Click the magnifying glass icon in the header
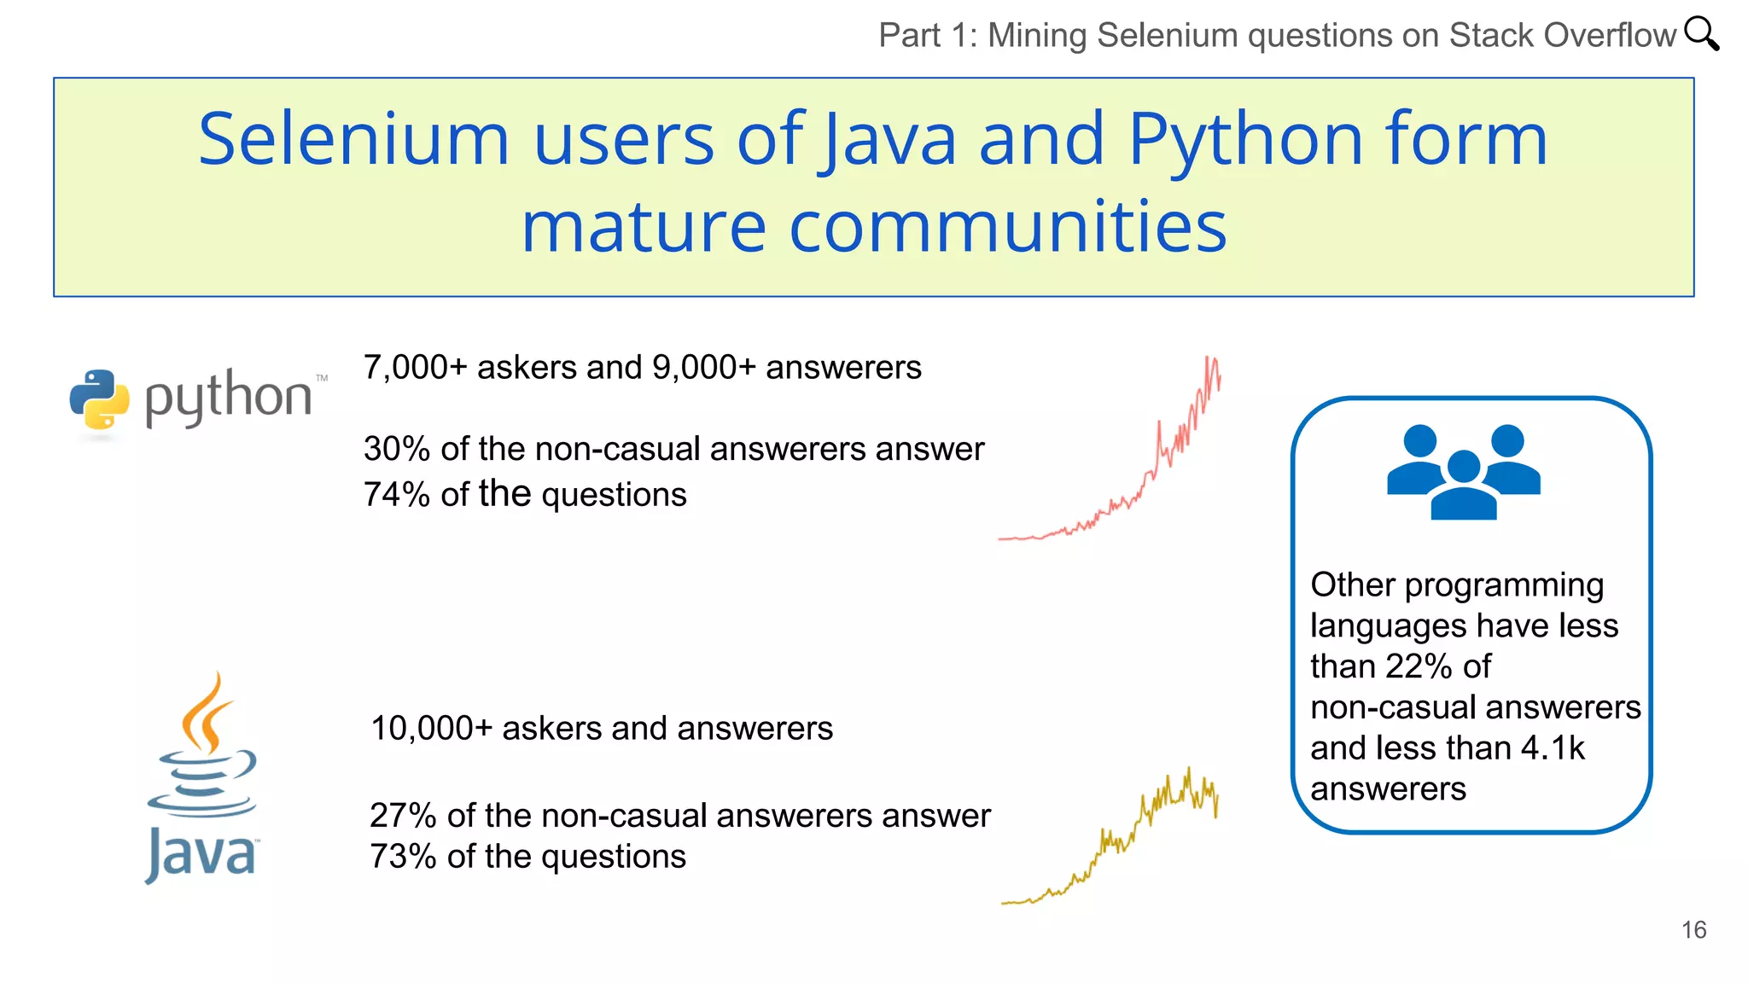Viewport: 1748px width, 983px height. pyautogui.click(x=1701, y=34)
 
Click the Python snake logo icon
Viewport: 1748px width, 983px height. pyautogui.click(x=99, y=399)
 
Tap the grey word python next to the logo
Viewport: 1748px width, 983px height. pyautogui.click(x=228, y=398)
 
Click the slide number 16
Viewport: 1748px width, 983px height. pyautogui.click(x=1693, y=929)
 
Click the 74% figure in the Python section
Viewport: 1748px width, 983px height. pyautogui.click(x=396, y=495)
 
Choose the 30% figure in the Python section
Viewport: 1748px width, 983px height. pyautogui.click(x=396, y=449)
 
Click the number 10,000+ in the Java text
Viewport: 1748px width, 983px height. pyautogui.click(x=431, y=729)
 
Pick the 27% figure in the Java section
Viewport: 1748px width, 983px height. pyautogui.click(x=403, y=816)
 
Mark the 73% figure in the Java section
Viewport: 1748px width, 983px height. pyautogui.click(x=403, y=857)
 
